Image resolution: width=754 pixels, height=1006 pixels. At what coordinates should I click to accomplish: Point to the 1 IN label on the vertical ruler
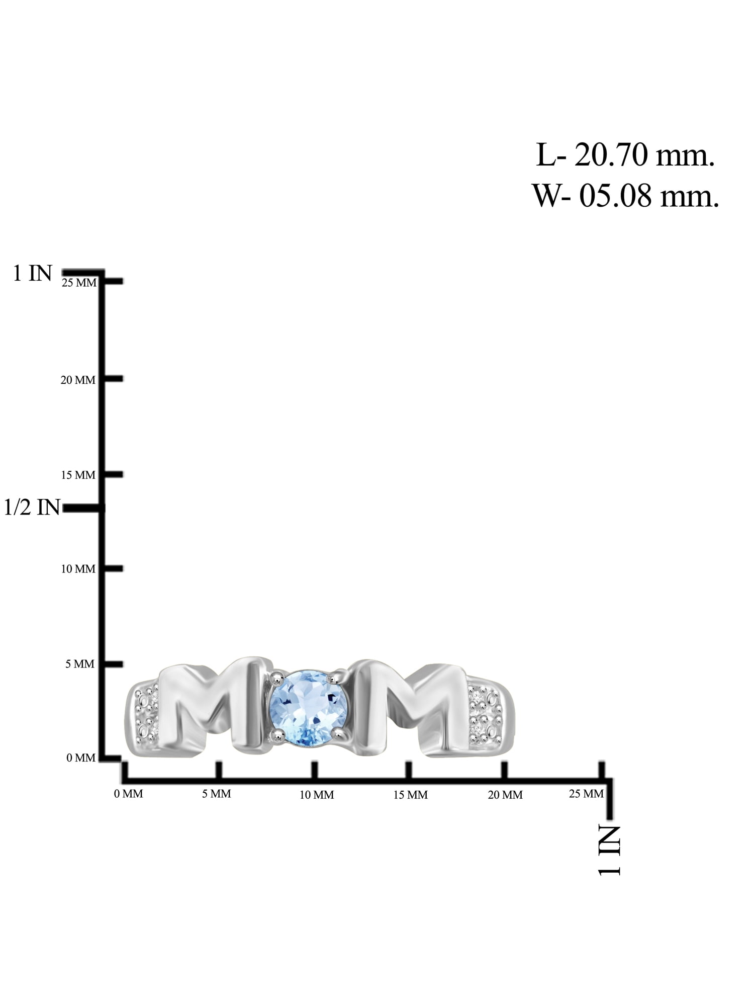[x=33, y=273]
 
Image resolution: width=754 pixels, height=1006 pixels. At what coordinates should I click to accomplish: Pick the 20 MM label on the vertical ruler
[x=78, y=380]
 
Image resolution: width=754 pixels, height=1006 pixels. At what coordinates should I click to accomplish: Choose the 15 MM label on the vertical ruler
[x=78, y=475]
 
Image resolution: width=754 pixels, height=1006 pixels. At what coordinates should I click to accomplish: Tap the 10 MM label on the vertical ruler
[x=78, y=569]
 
